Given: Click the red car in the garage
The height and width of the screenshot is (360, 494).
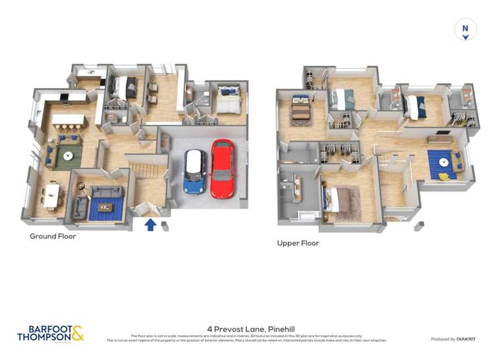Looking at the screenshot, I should tap(223, 169).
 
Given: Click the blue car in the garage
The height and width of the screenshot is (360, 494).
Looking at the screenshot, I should tap(195, 172).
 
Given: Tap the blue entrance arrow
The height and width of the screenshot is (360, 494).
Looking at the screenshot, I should tap(150, 225).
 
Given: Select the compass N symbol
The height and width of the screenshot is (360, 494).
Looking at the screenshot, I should tap(466, 29).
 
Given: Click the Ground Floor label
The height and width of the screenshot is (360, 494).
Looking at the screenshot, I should tap(53, 236).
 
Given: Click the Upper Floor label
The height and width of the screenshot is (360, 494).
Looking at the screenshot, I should tap(298, 243).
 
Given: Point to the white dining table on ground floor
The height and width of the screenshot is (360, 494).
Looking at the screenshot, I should tap(51, 195).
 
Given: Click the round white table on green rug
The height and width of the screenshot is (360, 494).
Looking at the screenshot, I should tap(68, 155).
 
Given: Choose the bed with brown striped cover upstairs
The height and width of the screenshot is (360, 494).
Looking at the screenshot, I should tap(300, 108).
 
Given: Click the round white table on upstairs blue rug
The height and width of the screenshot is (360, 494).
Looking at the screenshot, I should tap(445, 162).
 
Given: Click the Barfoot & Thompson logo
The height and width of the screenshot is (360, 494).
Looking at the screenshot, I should tap(51, 333).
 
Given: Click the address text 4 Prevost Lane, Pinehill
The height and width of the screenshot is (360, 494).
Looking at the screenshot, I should tap(246, 327).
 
